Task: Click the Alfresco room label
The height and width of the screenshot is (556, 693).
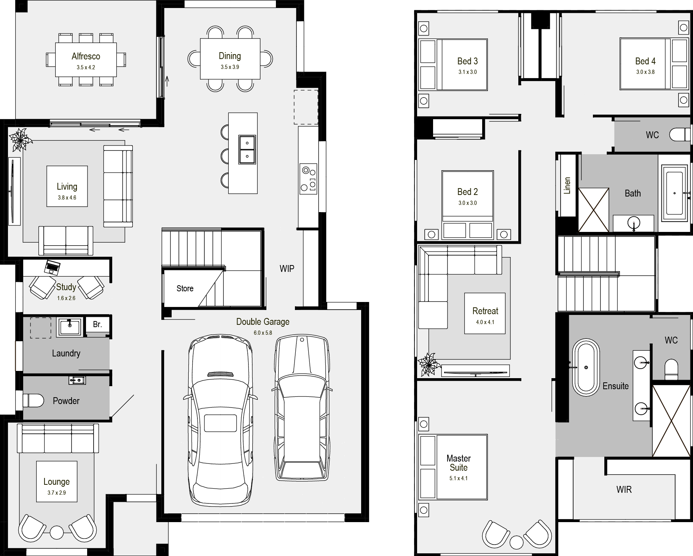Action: [x=86, y=56]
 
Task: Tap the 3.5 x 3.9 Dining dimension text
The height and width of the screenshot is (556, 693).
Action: [x=230, y=67]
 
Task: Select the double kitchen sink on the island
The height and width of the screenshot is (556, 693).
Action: [x=247, y=150]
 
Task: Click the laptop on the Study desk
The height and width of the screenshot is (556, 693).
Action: [x=52, y=267]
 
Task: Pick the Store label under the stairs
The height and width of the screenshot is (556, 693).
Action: [x=185, y=289]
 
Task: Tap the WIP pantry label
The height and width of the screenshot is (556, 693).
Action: [x=287, y=269]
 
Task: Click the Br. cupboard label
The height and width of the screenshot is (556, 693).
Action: [x=97, y=324]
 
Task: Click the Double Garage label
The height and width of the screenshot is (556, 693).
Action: [x=263, y=322]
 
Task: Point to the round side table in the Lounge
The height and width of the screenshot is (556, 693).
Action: [x=57, y=532]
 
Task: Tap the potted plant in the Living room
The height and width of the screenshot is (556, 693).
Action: [x=21, y=139]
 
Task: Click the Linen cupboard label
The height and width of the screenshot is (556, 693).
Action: [x=567, y=185]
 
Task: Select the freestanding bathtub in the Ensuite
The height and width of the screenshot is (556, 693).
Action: [x=586, y=367]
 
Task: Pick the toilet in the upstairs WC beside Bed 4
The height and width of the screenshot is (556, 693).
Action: [x=680, y=135]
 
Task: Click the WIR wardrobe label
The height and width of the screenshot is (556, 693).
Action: [x=624, y=489]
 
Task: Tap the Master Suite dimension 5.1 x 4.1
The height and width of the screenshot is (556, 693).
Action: [x=459, y=478]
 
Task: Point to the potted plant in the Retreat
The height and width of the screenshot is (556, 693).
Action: [x=429, y=364]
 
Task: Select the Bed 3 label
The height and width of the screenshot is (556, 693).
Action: [x=467, y=61]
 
